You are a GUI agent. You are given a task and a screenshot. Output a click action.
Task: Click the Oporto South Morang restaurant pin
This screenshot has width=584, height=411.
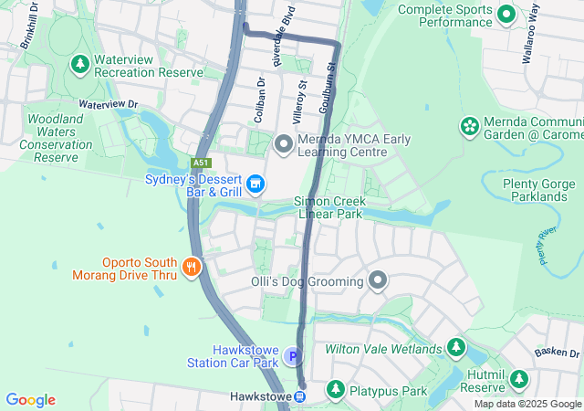pos(191,267)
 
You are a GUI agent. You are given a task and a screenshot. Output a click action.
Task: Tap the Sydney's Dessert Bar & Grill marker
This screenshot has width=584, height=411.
pos(256,184)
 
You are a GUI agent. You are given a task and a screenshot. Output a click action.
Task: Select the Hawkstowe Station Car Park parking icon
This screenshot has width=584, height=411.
pos(293,356)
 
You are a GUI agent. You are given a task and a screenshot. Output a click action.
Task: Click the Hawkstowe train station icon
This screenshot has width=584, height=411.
pos(299,396)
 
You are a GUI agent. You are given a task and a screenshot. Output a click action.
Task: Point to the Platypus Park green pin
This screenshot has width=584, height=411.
pos(335,391)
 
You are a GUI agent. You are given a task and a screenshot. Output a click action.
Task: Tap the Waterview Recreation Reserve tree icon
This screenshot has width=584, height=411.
pos(80,65)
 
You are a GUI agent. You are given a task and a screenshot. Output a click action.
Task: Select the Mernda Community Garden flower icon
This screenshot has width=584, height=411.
pos(470,126)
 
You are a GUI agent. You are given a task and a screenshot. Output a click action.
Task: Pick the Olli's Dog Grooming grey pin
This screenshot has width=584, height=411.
pos(378,281)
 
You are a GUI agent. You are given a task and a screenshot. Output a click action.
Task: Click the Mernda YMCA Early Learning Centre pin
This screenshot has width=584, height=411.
pos(283,143)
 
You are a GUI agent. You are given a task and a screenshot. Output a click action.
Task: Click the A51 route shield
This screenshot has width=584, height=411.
pos(200,163)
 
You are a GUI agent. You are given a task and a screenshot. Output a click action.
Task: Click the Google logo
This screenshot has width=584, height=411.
pos(30,400)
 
